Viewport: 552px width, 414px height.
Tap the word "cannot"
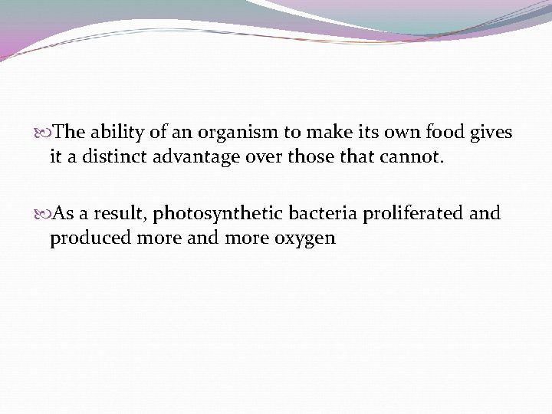click(x=417, y=158)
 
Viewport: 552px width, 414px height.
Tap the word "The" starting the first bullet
click(x=71, y=133)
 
